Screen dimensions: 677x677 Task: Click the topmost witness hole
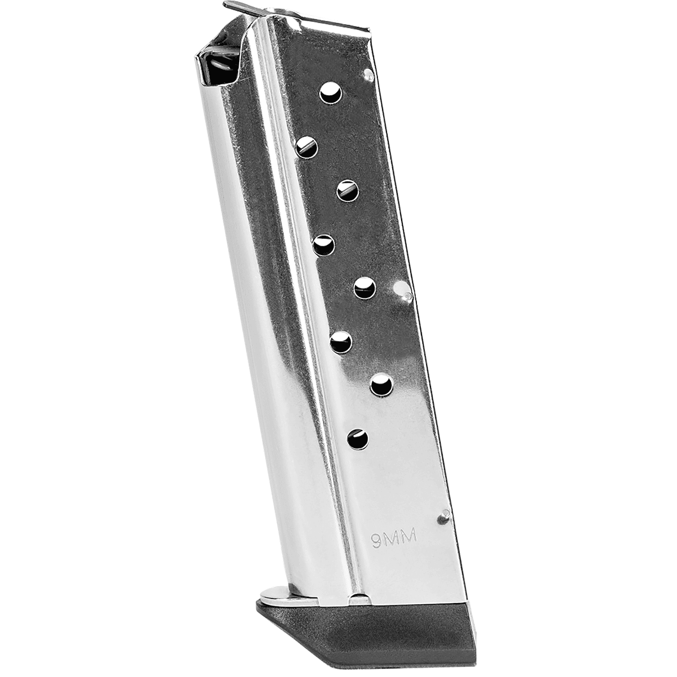click(331, 93)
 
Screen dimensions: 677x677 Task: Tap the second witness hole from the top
click(306, 147)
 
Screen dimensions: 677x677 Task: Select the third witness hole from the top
click(348, 190)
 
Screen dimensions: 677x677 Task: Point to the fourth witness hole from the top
click(323, 245)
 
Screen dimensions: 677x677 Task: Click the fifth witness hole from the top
click(364, 288)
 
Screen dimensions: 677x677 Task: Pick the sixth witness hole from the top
click(341, 342)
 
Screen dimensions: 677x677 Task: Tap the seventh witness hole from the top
click(381, 385)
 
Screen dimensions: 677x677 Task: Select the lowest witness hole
click(358, 439)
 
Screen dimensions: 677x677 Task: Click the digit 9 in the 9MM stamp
click(376, 538)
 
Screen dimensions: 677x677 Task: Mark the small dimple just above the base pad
click(445, 515)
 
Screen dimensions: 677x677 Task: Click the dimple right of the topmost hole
click(368, 74)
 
